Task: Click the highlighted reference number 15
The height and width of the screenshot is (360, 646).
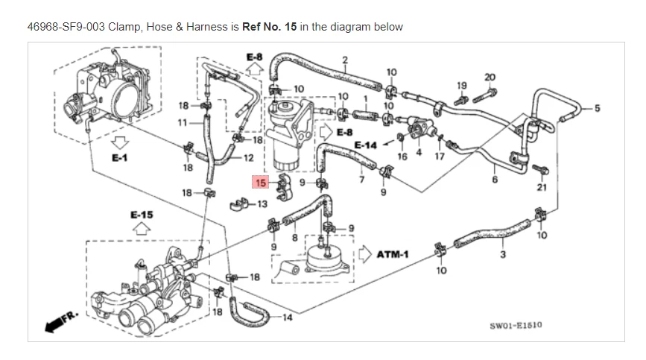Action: tap(261, 182)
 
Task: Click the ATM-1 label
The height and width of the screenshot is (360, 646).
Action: tap(393, 254)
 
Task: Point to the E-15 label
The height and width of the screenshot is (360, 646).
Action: tap(142, 215)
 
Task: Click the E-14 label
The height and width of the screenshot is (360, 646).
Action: tap(366, 145)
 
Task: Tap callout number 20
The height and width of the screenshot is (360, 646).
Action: tap(490, 77)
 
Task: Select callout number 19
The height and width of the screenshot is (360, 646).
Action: tap(461, 85)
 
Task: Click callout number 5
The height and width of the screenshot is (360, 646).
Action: tap(596, 108)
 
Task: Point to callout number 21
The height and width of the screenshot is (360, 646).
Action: tap(542, 186)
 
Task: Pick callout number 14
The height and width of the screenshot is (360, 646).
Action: tap(288, 318)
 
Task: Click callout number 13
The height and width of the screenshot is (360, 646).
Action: tap(262, 203)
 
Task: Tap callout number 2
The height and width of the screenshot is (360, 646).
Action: tap(345, 60)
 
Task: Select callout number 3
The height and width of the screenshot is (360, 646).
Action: tap(503, 255)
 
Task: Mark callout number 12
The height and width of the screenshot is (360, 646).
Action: tap(248, 157)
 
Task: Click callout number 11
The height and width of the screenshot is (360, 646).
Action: tap(183, 121)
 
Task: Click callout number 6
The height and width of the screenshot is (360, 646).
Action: tap(495, 179)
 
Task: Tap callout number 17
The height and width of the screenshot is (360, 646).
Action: tap(440, 157)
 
